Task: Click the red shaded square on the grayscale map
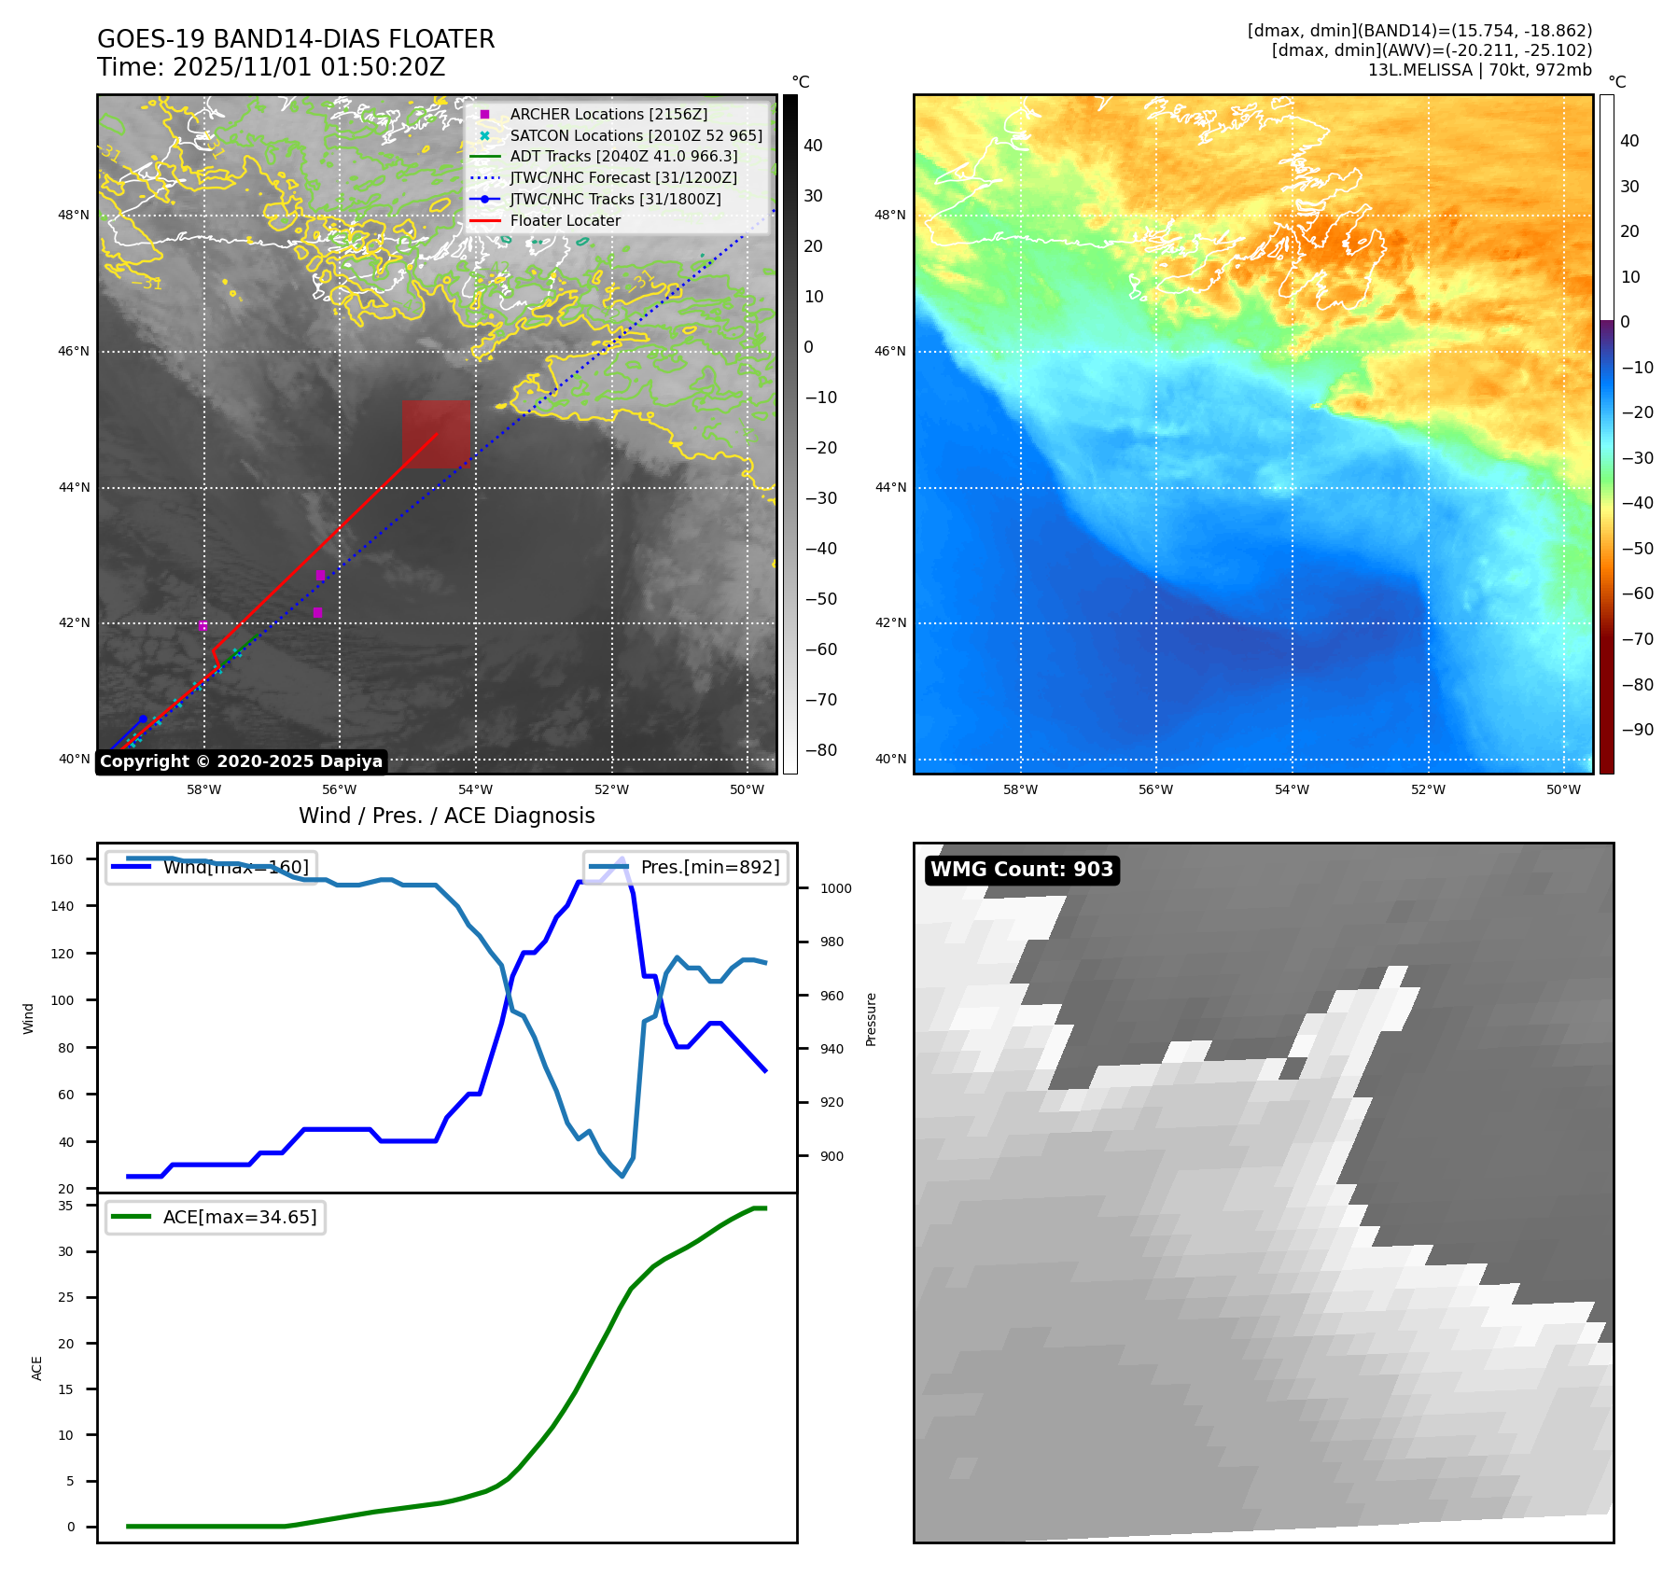click(x=436, y=434)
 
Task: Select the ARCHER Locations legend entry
click(x=608, y=114)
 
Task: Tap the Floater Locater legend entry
click(x=565, y=220)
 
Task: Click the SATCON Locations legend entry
click(x=635, y=135)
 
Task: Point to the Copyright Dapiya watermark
click(x=241, y=761)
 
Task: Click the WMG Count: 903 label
click(x=1021, y=870)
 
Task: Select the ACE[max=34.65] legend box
click(x=216, y=1217)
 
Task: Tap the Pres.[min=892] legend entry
click(x=687, y=867)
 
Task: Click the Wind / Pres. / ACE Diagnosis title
click(x=446, y=816)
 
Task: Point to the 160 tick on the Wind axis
click(x=62, y=859)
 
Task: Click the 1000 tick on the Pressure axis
click(x=835, y=888)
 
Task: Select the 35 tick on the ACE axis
click(x=65, y=1206)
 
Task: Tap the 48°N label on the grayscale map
click(x=74, y=216)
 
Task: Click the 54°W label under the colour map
click(x=1292, y=789)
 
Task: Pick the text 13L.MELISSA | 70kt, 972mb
click(x=1479, y=70)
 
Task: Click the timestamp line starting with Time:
click(x=271, y=67)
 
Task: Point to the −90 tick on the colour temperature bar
click(x=1637, y=730)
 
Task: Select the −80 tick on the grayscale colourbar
click(x=820, y=750)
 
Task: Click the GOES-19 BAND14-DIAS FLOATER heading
click(x=296, y=39)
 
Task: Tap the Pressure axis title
click(x=871, y=1019)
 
